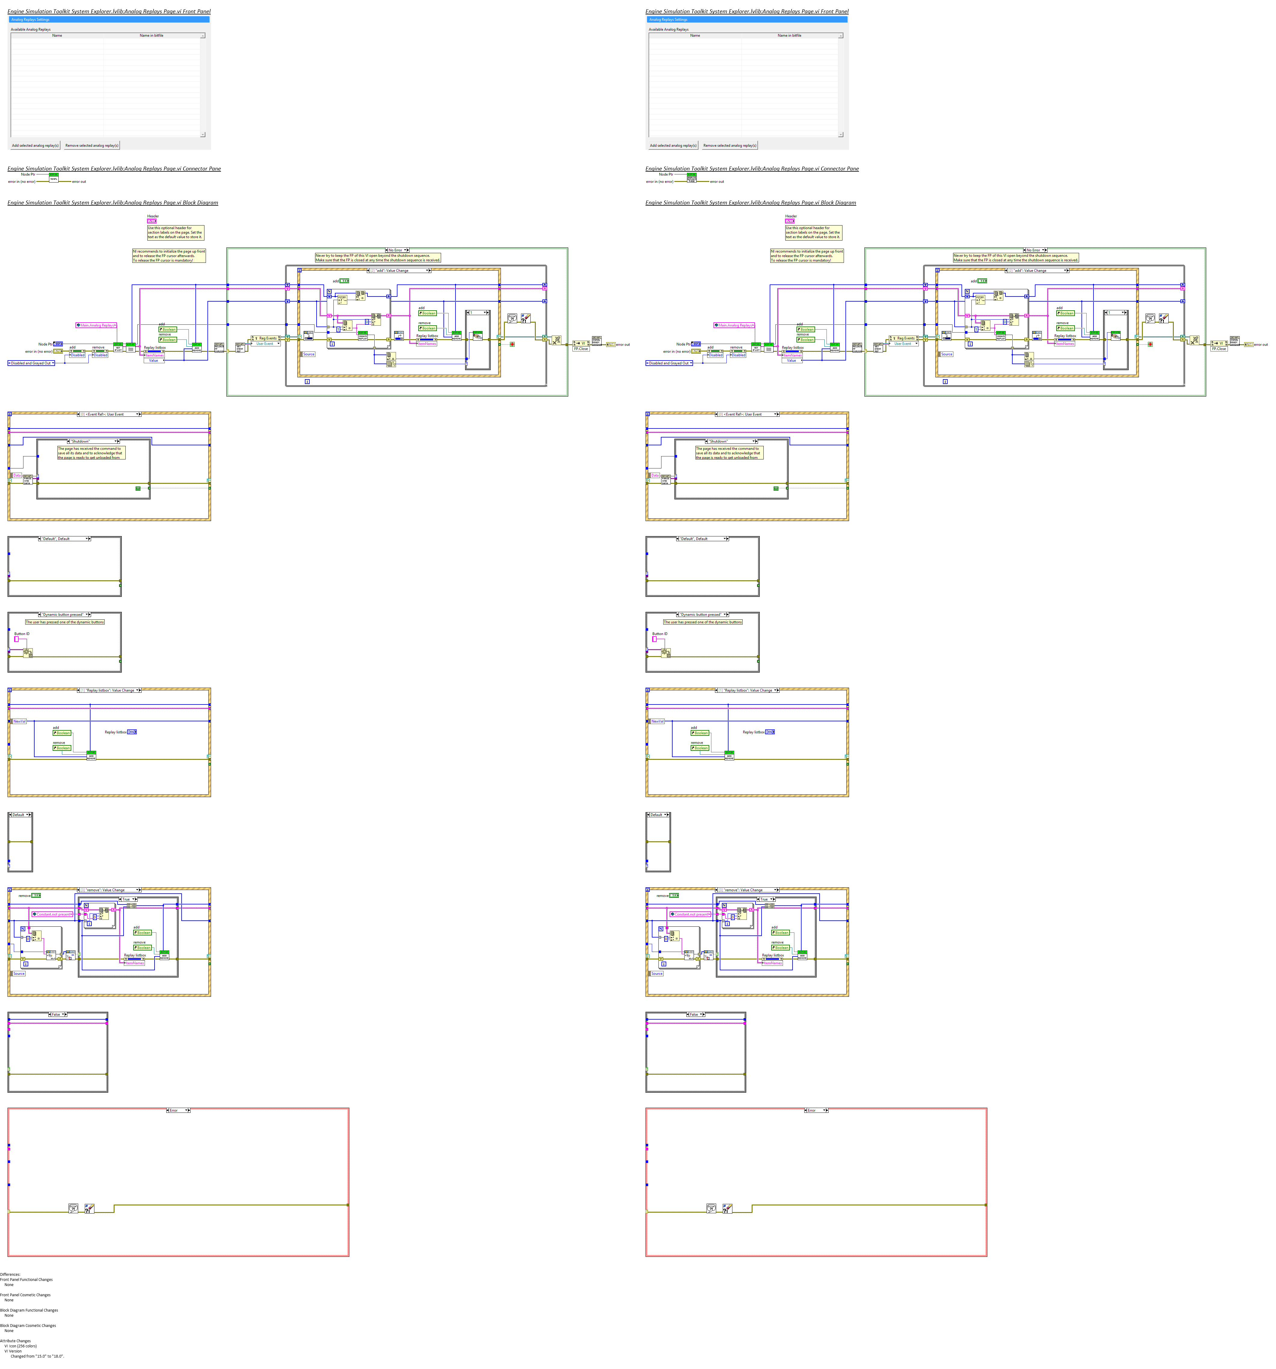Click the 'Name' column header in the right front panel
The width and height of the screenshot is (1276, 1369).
(695, 35)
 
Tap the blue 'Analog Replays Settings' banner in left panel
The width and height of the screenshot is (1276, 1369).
(109, 19)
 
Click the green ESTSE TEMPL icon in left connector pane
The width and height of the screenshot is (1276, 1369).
(54, 178)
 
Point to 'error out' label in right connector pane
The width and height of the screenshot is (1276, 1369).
(717, 182)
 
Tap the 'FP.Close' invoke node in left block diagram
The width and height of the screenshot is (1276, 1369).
(581, 348)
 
